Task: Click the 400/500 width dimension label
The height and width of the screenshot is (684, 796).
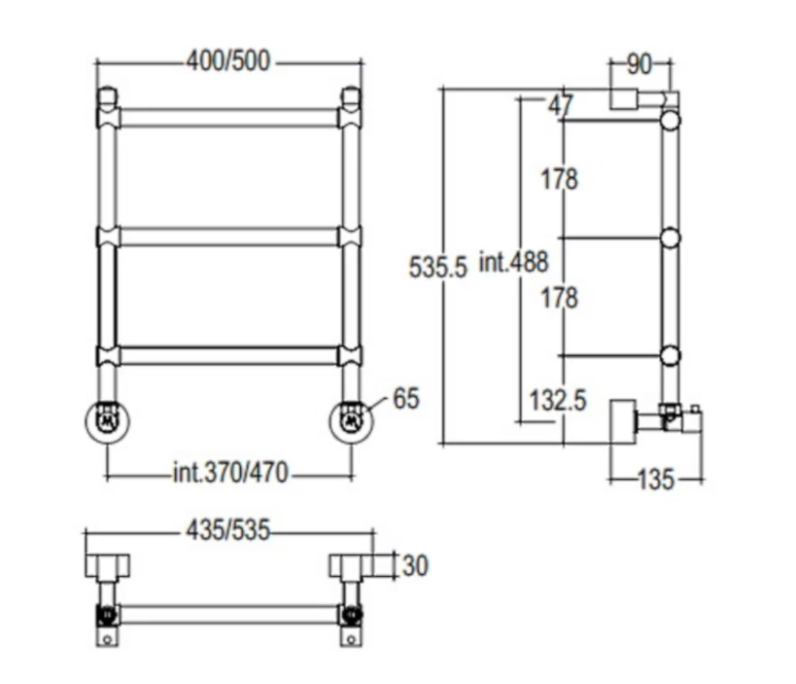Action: (228, 61)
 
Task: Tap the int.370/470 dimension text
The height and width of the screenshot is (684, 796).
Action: (231, 473)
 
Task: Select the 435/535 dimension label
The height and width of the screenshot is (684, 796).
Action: (228, 530)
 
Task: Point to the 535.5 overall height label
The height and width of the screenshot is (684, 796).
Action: (437, 267)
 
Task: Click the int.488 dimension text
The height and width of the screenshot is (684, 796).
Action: (514, 263)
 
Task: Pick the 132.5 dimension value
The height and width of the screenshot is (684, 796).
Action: (558, 400)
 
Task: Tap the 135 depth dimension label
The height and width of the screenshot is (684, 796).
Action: (656, 480)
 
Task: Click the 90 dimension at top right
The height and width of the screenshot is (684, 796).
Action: (639, 64)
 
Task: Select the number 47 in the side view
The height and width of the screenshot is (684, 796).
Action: (561, 106)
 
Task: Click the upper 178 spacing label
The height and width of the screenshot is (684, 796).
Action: (559, 179)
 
